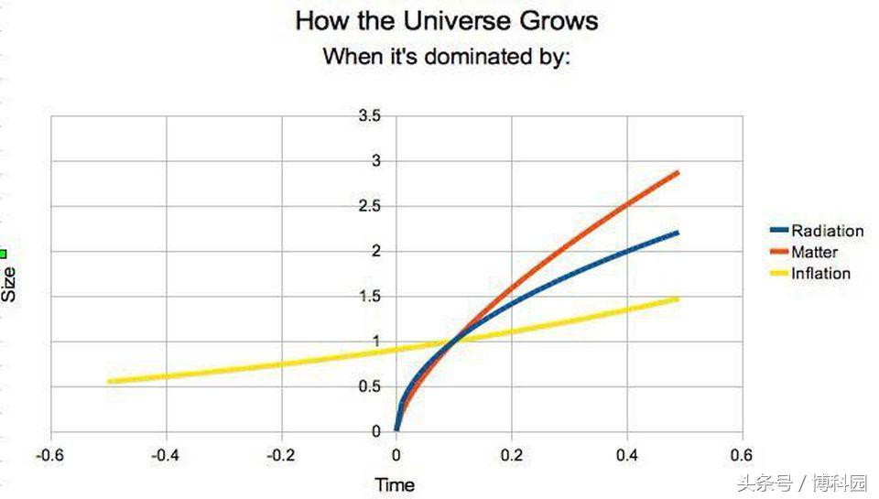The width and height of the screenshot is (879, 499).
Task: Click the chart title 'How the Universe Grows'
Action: click(x=447, y=21)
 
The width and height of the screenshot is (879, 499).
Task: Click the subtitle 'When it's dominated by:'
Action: click(x=447, y=57)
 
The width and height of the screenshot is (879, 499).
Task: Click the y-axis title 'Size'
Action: click(x=10, y=284)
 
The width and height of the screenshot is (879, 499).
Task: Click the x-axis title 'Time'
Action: click(x=396, y=484)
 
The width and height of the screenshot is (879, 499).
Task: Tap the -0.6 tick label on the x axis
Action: click(x=50, y=456)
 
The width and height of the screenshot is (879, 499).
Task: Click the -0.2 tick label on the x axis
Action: click(x=281, y=456)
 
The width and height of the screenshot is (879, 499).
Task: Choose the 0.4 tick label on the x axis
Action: click(x=627, y=456)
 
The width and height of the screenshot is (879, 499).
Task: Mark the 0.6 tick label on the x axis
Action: click(x=743, y=456)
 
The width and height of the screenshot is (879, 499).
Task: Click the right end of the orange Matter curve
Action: click(x=678, y=172)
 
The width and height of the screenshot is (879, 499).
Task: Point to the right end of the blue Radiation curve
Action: click(x=678, y=233)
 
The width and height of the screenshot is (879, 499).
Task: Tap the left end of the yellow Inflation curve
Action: click(x=109, y=381)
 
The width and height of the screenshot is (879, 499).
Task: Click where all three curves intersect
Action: click(x=453, y=342)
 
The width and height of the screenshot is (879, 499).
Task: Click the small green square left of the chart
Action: click(x=3, y=254)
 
